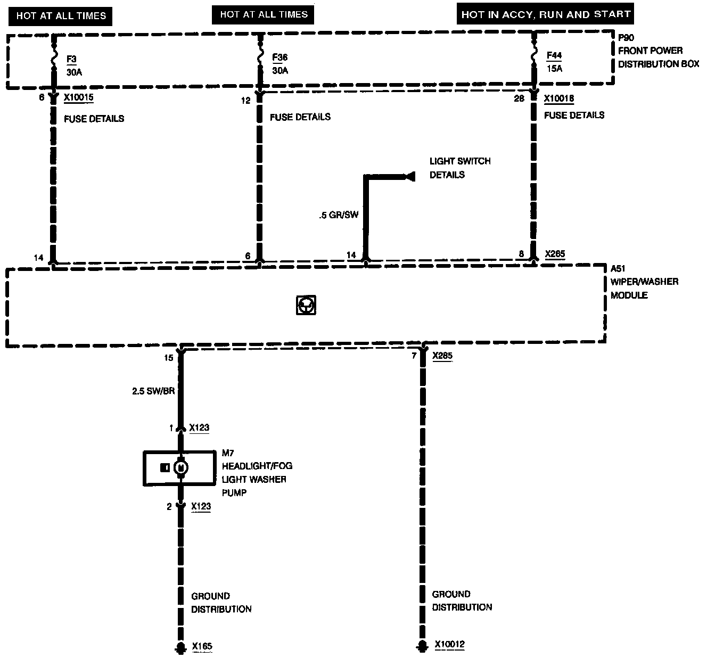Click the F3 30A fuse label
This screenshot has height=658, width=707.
(74, 65)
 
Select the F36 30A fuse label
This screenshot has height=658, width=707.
(279, 64)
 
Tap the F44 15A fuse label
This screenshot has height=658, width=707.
(554, 62)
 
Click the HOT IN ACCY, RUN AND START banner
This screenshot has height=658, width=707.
(546, 14)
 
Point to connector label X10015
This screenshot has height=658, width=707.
(79, 98)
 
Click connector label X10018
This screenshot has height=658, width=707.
(559, 99)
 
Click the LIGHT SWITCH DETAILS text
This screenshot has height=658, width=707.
(460, 168)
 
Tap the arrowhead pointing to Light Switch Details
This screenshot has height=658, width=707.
(409, 176)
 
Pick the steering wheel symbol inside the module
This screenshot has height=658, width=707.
(306, 305)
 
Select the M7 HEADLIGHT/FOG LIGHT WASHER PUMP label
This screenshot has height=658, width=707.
(257, 473)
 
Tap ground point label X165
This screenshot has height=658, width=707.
(202, 647)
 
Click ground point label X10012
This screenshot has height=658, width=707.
(449, 645)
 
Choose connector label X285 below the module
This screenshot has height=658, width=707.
(442, 356)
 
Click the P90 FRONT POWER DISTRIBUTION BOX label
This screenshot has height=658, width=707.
(658, 51)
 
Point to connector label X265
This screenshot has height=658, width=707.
(555, 254)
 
